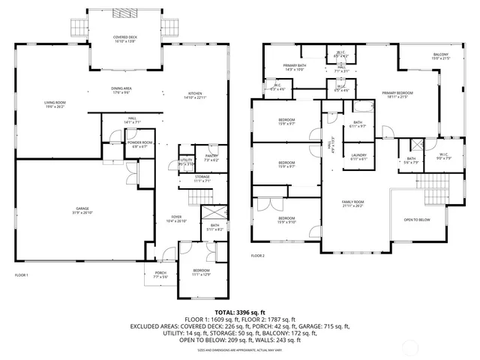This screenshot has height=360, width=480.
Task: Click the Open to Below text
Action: (416, 220)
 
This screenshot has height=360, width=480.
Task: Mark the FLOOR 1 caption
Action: (22, 276)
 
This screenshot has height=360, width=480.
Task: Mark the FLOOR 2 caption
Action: (258, 256)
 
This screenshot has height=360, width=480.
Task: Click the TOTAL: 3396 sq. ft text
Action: (240, 312)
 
